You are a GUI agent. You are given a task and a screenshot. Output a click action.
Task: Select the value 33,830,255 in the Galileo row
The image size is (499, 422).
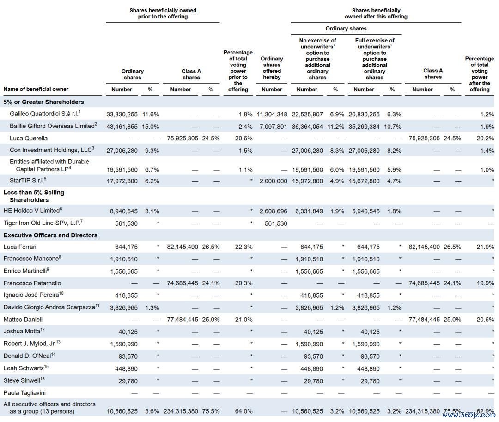click(x=122, y=115)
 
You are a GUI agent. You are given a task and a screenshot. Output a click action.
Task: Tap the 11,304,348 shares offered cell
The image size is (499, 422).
click(x=272, y=115)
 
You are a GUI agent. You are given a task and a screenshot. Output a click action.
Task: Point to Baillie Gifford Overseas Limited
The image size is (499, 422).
click(x=52, y=126)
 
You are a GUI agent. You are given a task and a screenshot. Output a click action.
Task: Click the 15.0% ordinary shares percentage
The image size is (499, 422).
click(x=151, y=127)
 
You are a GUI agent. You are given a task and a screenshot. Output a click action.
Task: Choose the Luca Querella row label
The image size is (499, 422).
click(x=29, y=139)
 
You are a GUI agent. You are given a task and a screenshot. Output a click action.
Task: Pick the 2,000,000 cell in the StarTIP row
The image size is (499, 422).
click(x=274, y=181)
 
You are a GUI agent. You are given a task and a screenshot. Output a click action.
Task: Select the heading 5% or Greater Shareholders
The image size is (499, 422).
click(x=43, y=102)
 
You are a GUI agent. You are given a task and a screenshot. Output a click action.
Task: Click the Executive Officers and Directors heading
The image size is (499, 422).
click(x=50, y=235)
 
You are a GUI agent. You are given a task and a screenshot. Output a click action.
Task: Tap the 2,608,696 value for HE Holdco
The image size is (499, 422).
click(x=274, y=211)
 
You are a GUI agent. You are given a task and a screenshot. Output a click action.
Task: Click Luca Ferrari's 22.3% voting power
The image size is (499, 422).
click(x=244, y=247)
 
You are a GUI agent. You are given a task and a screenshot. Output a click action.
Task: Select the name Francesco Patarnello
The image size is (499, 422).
click(x=32, y=283)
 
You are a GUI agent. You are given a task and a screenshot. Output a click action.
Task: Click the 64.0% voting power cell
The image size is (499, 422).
click(x=244, y=411)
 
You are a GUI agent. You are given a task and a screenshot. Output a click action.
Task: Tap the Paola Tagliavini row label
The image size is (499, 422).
click(x=24, y=393)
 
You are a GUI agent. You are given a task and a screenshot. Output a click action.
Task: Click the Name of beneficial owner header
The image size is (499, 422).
click(x=36, y=90)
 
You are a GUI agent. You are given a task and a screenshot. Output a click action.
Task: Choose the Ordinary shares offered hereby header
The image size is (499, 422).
click(x=272, y=68)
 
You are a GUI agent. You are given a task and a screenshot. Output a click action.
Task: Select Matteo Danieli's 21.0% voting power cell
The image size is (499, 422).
click(x=244, y=320)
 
